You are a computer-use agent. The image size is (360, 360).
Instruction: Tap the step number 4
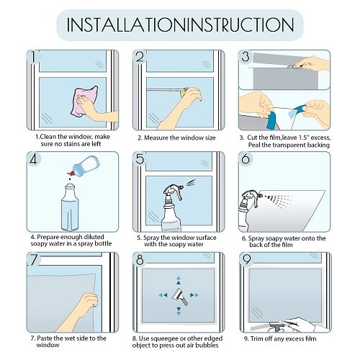pos(33,159)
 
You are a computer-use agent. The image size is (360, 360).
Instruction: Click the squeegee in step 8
pos(180,296)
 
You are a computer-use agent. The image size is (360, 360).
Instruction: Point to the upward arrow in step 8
pos(179,280)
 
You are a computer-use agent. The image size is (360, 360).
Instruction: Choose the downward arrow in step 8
pos(179,310)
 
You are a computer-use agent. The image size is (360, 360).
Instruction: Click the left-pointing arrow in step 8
pos(163,295)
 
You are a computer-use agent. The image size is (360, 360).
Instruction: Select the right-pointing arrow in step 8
pos(194,295)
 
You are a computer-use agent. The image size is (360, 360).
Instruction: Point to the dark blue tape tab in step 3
pos(271,120)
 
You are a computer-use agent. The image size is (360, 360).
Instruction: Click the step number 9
pos(247,259)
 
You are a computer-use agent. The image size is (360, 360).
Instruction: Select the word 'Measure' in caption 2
pos(156,138)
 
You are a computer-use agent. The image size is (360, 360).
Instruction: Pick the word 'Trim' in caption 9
pos(256,338)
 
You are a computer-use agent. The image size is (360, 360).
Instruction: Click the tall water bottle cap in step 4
pos(70,186)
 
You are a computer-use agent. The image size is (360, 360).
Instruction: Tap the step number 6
pos(246,159)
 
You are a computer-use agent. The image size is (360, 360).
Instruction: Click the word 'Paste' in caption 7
pos(45,338)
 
